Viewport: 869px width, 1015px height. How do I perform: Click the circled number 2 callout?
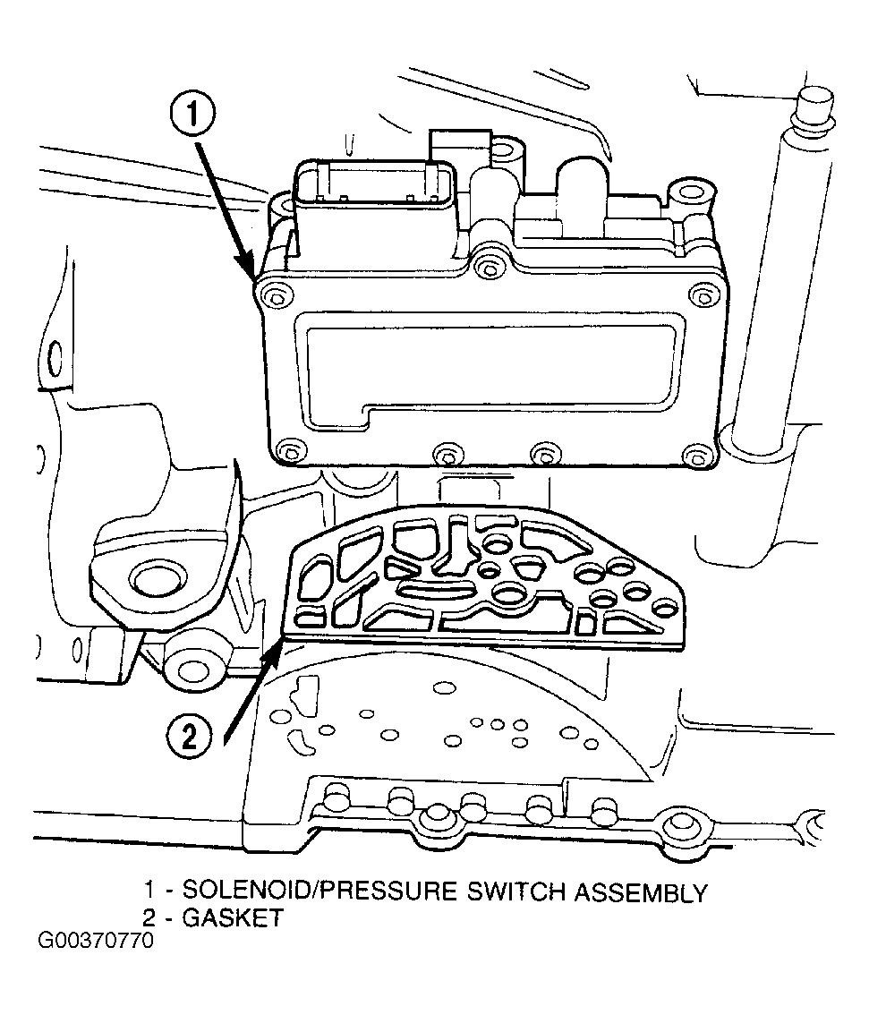[189, 736]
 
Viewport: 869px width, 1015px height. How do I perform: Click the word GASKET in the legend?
[233, 917]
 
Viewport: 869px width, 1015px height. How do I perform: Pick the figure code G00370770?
[96, 940]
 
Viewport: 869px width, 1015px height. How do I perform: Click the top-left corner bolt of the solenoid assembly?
[275, 297]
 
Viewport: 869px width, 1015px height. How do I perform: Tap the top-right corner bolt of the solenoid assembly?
[702, 296]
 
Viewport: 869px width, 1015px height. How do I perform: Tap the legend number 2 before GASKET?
[149, 917]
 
